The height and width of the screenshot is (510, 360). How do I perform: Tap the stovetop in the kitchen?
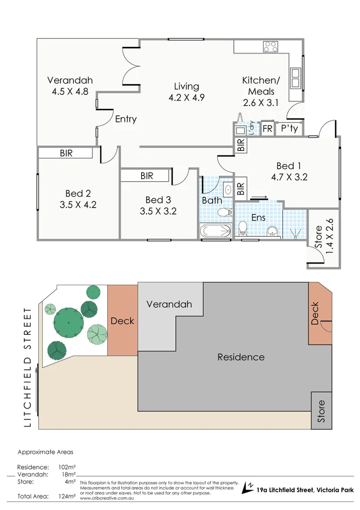coord(270,46)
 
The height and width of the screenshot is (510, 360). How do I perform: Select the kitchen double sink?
coord(295,77)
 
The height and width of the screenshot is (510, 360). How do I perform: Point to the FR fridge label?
coord(267,129)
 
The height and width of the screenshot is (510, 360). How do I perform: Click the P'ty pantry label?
coord(287,129)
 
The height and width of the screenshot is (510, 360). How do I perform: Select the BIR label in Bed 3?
coord(146,176)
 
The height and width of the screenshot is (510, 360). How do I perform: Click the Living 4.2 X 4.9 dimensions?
coord(186,98)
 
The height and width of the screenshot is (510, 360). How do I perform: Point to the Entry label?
coord(126,119)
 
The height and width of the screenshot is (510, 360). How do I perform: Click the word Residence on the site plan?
coord(241,357)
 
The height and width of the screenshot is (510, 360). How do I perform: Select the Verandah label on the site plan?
coord(169,304)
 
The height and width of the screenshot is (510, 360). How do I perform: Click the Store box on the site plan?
coord(321,410)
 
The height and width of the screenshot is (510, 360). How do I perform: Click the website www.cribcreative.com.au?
coord(107,498)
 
